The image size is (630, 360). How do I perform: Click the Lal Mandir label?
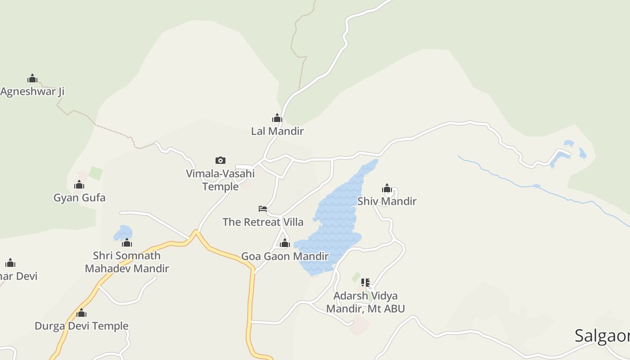point(277,131)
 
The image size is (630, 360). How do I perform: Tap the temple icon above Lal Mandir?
point(277,118)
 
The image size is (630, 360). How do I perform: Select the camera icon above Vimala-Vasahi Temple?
point(220,160)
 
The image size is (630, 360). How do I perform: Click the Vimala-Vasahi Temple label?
point(220,180)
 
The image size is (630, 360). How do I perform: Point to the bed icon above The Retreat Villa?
point(263,208)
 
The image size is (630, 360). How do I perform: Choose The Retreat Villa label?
point(263,222)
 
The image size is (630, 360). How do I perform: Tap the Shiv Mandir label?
point(387,201)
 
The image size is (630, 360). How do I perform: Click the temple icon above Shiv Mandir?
point(387,188)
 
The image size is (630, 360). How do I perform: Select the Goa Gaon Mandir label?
point(285,256)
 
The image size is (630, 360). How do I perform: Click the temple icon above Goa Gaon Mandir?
point(284,243)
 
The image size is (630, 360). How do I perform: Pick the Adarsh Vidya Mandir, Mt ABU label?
point(365,302)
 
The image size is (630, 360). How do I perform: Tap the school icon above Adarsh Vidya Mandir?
point(365,283)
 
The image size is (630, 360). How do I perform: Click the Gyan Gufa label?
point(80,198)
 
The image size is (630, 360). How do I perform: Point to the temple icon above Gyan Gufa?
point(79,184)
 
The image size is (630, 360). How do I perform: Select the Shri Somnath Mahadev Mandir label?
point(127,262)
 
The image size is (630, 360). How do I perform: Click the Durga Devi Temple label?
point(81,326)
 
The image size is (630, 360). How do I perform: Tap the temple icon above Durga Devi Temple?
point(81,313)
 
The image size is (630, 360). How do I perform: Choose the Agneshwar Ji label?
point(32,92)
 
